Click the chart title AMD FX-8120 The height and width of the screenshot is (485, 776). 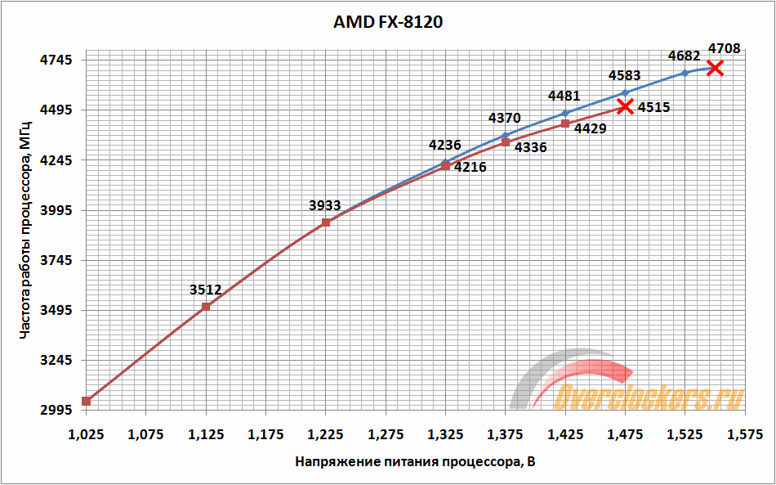coord(387,22)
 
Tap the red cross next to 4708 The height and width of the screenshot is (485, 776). coord(715,67)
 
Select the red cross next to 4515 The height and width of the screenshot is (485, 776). coord(625,106)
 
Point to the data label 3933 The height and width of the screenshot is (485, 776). coord(325,205)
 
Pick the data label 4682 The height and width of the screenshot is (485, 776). coord(684,56)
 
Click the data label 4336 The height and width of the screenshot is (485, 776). coord(530,148)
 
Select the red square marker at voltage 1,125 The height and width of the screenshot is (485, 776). coord(206,307)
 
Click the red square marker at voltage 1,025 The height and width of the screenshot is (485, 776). coord(86,401)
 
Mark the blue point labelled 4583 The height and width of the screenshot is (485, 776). coord(625,92)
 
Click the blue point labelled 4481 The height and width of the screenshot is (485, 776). coord(565,113)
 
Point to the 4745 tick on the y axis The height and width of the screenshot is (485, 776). coord(57,60)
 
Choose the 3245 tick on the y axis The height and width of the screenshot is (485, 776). coord(57,361)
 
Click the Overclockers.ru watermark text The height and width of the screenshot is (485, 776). coord(649,397)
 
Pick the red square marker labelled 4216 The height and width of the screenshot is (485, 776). coord(445,165)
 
